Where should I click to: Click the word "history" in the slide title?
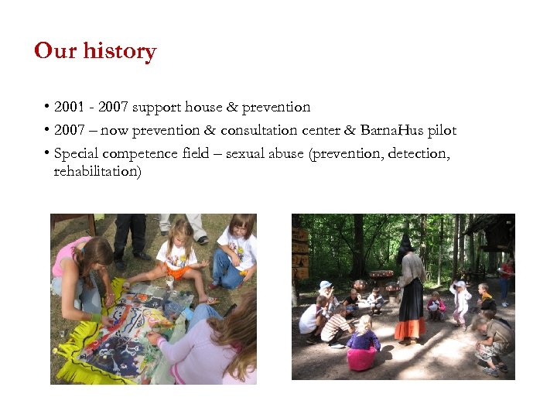120,51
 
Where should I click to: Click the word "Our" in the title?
55,51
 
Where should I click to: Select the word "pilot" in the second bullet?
442,130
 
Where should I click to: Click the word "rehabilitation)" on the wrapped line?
97,171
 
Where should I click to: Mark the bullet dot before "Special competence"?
47,152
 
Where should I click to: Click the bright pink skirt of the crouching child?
361,358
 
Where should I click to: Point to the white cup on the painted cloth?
169,283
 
